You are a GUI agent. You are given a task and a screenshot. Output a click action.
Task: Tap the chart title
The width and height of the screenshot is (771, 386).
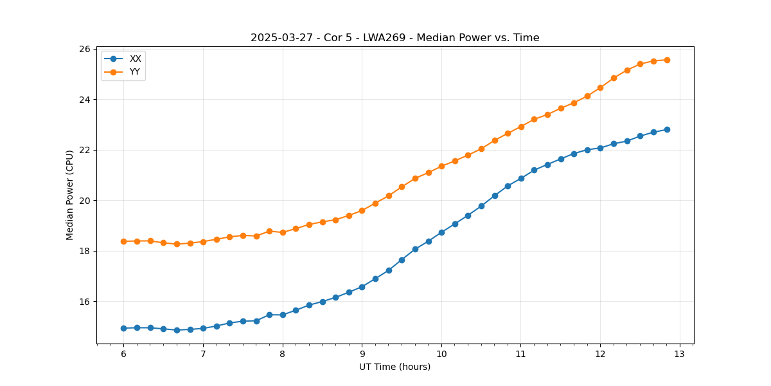394,38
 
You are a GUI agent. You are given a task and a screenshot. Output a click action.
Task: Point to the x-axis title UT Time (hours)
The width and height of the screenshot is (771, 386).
394,367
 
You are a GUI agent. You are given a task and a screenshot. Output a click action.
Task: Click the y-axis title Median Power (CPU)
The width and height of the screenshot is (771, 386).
69,195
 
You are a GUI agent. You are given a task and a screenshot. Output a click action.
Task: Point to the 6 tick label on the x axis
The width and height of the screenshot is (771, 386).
123,354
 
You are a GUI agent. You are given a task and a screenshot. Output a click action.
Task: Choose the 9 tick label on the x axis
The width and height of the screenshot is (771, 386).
362,354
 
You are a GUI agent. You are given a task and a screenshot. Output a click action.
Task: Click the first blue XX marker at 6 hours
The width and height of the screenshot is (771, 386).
123,328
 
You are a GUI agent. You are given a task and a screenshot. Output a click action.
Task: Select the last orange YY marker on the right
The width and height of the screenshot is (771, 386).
667,60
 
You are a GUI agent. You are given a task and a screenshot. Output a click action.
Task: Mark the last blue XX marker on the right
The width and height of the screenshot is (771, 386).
667,129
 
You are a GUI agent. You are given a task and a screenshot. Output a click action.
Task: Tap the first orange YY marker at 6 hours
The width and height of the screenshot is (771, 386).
123,241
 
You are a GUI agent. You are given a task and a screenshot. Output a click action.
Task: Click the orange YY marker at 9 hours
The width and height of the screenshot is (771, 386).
362,210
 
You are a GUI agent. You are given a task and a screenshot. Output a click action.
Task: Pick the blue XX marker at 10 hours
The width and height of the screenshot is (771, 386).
441,232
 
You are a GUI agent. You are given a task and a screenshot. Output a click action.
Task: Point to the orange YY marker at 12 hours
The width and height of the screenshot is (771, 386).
600,87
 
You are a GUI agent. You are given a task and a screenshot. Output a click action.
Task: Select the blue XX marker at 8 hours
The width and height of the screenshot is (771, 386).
283,315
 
